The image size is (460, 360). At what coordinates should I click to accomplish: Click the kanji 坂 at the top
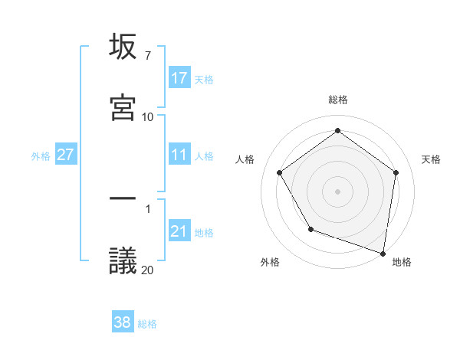tap(123, 48)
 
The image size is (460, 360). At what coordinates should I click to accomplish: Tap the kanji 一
tap(123, 198)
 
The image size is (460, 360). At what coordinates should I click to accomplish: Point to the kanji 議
tap(123, 260)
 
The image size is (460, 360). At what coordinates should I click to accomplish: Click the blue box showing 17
tap(179, 78)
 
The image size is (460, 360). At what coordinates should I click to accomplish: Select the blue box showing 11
tap(179, 155)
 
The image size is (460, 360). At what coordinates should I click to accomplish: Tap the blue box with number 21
tap(179, 231)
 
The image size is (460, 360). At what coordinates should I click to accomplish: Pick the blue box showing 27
tap(66, 155)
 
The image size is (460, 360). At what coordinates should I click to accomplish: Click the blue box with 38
tap(123, 322)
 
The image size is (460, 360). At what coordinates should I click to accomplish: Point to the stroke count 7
tap(147, 56)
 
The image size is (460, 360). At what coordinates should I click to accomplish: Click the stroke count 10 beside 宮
tap(147, 116)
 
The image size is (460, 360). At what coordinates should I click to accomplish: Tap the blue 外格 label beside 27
tap(41, 155)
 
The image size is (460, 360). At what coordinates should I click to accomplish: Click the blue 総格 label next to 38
tap(147, 323)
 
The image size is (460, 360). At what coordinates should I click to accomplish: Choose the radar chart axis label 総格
tap(337, 100)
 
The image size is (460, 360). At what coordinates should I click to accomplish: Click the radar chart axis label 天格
tap(432, 159)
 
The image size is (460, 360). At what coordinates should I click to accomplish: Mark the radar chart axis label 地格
tap(402, 262)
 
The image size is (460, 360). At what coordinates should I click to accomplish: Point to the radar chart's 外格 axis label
tap(270, 262)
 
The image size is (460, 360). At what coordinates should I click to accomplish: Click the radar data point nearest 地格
tap(383, 253)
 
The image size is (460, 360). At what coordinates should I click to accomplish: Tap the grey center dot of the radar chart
tap(337, 191)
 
